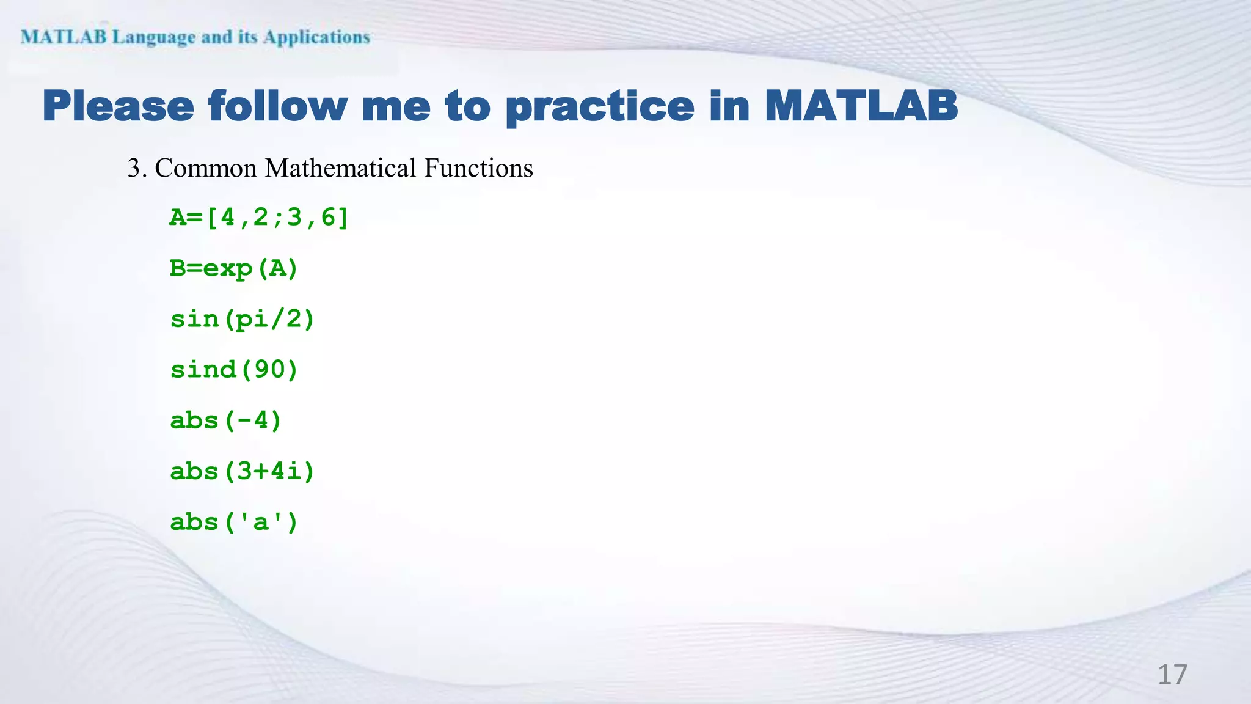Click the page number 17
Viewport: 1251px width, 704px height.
pyautogui.click(x=1172, y=675)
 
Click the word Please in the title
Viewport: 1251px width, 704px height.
pyautogui.click(x=119, y=106)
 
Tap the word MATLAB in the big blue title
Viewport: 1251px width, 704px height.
pyautogui.click(x=861, y=106)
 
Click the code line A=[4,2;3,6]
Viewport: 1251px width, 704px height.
pyautogui.click(x=259, y=218)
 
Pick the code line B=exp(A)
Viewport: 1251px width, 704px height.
pyautogui.click(x=234, y=268)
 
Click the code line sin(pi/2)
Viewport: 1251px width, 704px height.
pyautogui.click(x=243, y=319)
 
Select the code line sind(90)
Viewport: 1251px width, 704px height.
pyautogui.click(x=234, y=370)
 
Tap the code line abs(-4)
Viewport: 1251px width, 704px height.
pyautogui.click(x=226, y=420)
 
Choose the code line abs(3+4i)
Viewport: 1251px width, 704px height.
pyautogui.click(x=243, y=471)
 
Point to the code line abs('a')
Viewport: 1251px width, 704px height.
pyautogui.click(x=234, y=522)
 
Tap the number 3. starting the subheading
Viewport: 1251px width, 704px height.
pyautogui.click(x=137, y=168)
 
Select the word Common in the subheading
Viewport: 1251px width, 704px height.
pyautogui.click(x=206, y=168)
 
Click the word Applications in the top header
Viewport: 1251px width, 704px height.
pyautogui.click(x=316, y=37)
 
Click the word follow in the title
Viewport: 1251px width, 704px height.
pyautogui.click(x=277, y=106)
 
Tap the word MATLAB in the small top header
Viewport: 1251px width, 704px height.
pyautogui.click(x=64, y=37)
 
